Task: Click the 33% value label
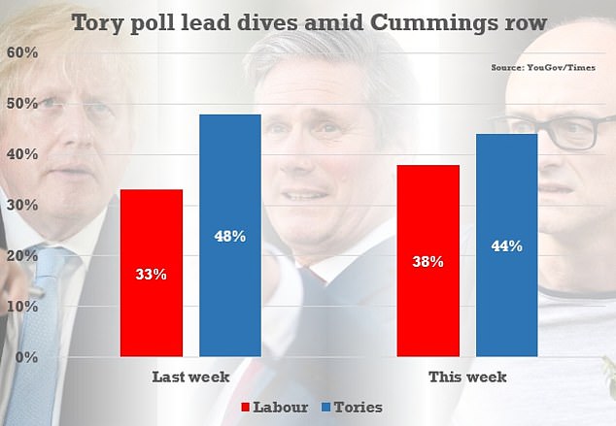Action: pos(151,275)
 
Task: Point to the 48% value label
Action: pos(230,236)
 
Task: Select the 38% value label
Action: pos(428,261)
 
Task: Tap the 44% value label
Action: pos(506,246)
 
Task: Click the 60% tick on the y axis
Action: pos(23,53)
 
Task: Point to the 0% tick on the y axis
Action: pos(27,357)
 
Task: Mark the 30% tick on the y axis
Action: pos(23,206)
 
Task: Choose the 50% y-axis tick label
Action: pos(23,104)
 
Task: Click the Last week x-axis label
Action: pos(190,377)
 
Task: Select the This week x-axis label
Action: pos(466,377)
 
